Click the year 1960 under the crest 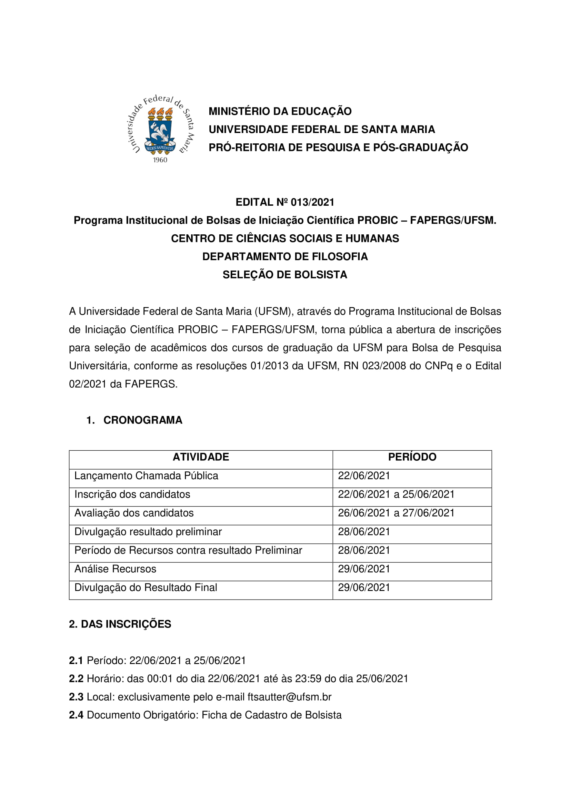click(x=160, y=160)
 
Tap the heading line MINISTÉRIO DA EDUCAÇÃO click(x=280, y=111)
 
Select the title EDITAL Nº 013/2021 click(x=285, y=202)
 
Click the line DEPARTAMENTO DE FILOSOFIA click(x=285, y=257)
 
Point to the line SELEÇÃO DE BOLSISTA click(x=285, y=275)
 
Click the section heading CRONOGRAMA click(x=143, y=420)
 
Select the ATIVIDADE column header click(x=201, y=457)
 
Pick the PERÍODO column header click(x=412, y=457)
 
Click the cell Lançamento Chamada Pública click(x=146, y=476)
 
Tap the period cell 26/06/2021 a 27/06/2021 click(x=396, y=513)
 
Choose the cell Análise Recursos click(x=115, y=569)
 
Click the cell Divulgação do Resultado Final click(x=146, y=588)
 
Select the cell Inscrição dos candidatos click(x=132, y=494)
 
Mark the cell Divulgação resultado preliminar click(x=148, y=532)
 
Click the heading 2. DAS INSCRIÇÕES click(x=120, y=624)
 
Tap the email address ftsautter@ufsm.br click(x=289, y=697)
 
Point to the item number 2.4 click(x=76, y=715)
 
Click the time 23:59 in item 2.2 click(x=308, y=679)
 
